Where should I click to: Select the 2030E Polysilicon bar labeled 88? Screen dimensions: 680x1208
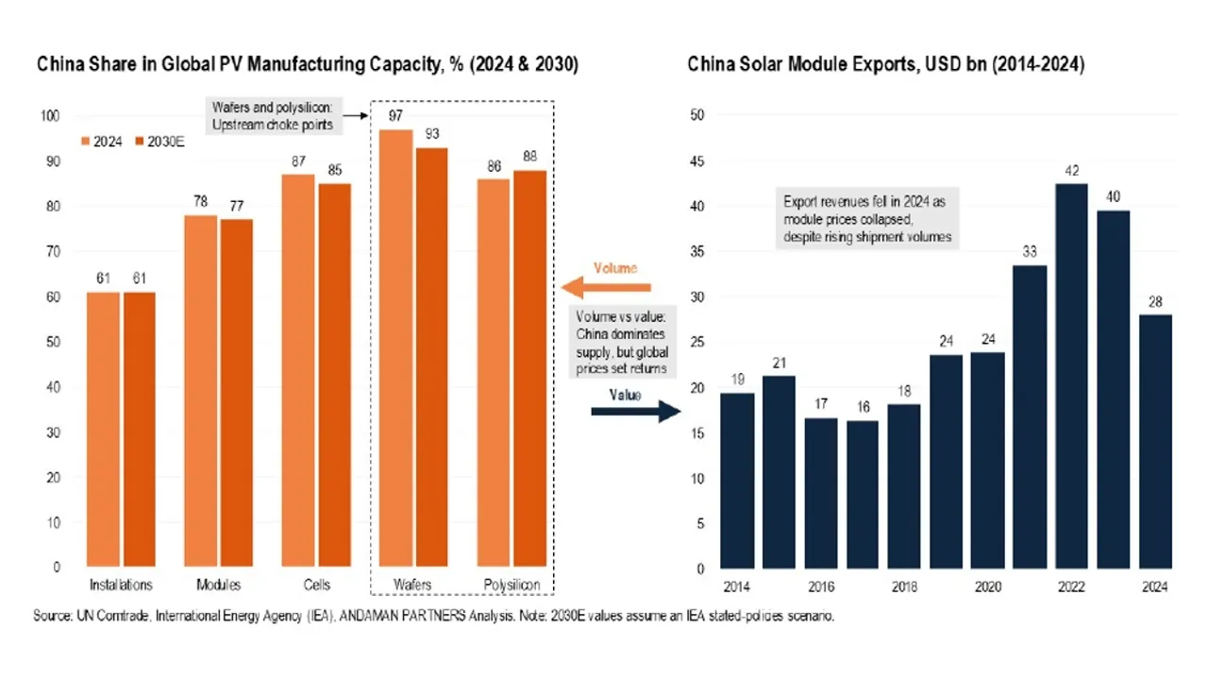pos(528,368)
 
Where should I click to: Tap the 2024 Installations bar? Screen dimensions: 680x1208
pos(104,430)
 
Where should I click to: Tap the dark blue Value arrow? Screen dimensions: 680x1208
pos(634,411)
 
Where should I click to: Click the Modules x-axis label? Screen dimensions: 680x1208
pos(219,586)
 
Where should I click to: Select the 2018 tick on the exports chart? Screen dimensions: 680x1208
pos(905,586)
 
